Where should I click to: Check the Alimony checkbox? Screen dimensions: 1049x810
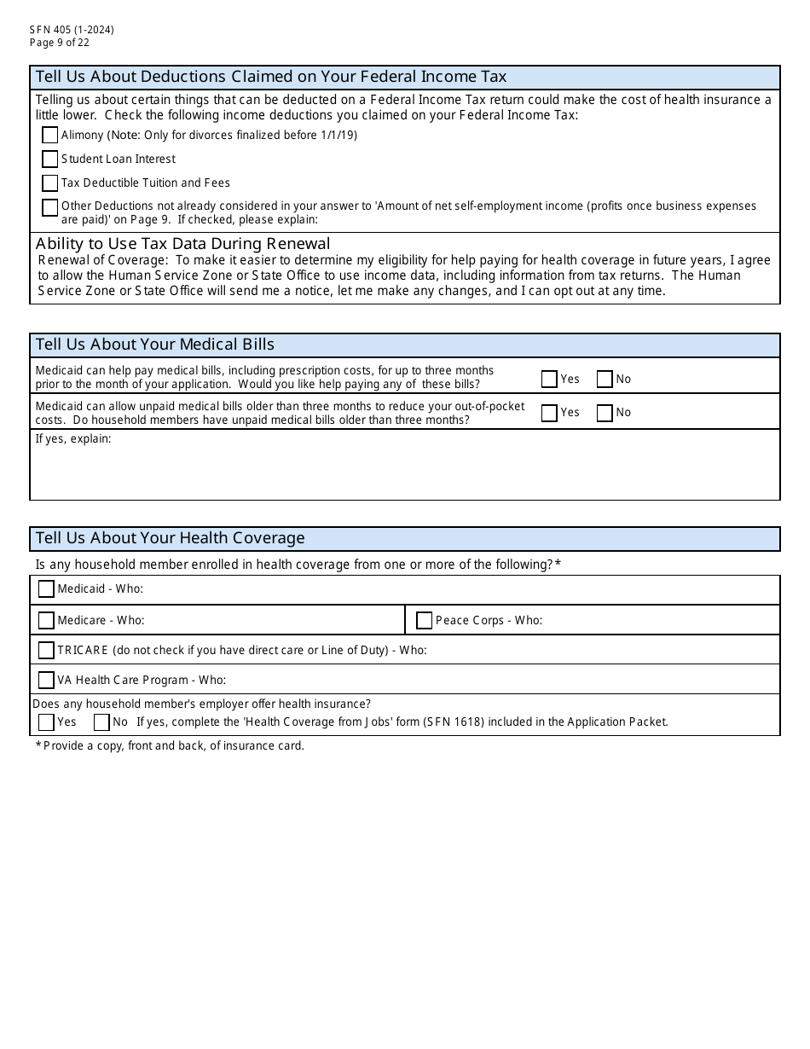49,135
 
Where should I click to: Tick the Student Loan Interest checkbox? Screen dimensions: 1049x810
49,159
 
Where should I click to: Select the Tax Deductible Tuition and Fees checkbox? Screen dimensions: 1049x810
49,183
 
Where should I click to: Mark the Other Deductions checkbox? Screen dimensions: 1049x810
49,207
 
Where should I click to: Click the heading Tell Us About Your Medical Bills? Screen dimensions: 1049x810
155,345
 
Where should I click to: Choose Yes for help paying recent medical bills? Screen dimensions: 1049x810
549,379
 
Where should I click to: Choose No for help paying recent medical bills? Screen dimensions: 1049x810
605,379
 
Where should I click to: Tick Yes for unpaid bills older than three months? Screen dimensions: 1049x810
549,413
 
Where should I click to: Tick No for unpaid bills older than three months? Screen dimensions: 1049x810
605,413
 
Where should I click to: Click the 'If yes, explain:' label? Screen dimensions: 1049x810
73,439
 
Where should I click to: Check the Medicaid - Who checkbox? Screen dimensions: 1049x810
46,589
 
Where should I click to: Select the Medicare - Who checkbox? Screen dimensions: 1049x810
46,620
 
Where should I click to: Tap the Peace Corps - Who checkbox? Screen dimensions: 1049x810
424,620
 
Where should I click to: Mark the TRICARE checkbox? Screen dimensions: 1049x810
46,650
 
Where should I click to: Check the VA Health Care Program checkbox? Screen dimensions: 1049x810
46,680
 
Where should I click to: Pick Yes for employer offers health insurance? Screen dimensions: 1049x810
46,722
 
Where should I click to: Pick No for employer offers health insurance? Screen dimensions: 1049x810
101,722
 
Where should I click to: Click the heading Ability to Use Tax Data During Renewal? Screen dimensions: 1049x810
183,244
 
